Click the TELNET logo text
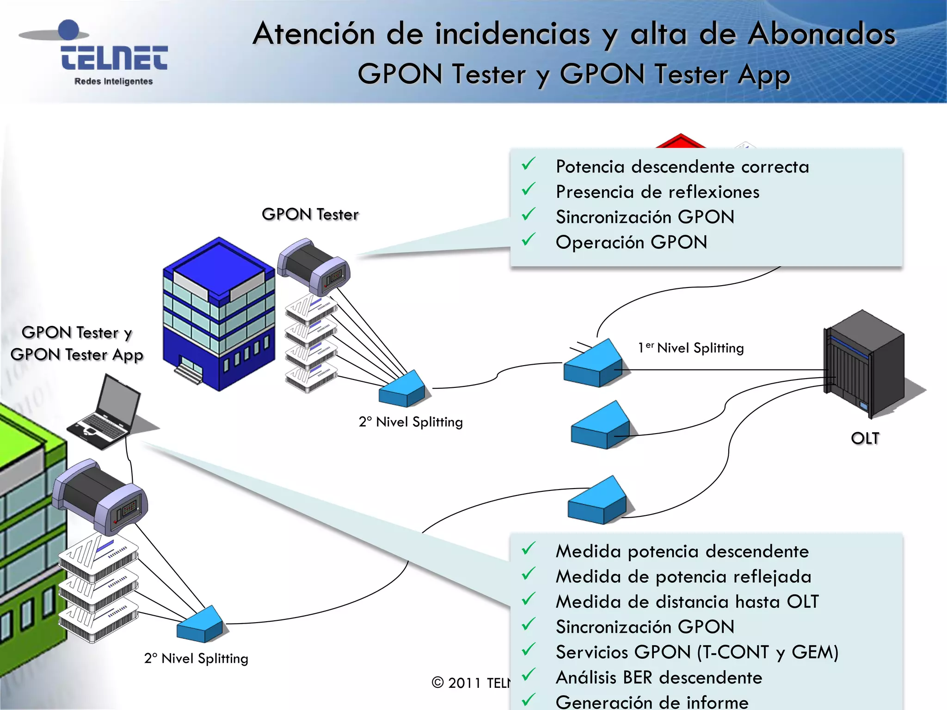114,58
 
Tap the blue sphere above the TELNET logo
69,30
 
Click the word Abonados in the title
822,34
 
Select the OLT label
865,438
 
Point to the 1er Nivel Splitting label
691,348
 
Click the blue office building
218,314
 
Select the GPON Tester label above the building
310,214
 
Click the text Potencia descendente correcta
682,167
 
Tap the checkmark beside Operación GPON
528,240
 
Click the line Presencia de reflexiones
657,192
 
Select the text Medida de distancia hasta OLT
687,602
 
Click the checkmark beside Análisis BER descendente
528,675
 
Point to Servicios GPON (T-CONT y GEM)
696,652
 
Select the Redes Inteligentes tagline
113,81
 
